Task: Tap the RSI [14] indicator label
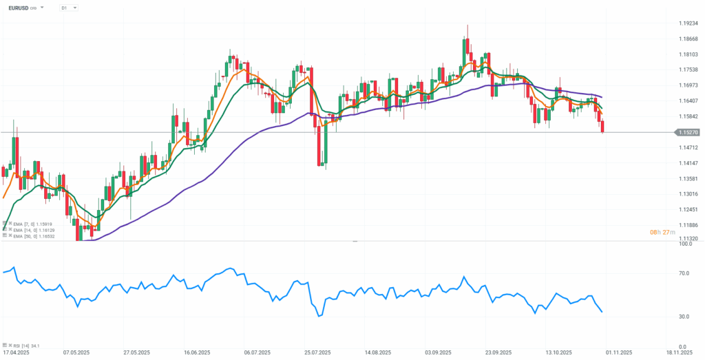[x=25, y=345]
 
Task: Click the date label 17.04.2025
[x=16, y=352]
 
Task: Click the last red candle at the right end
[x=603, y=126]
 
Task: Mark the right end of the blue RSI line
[x=602, y=312]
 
